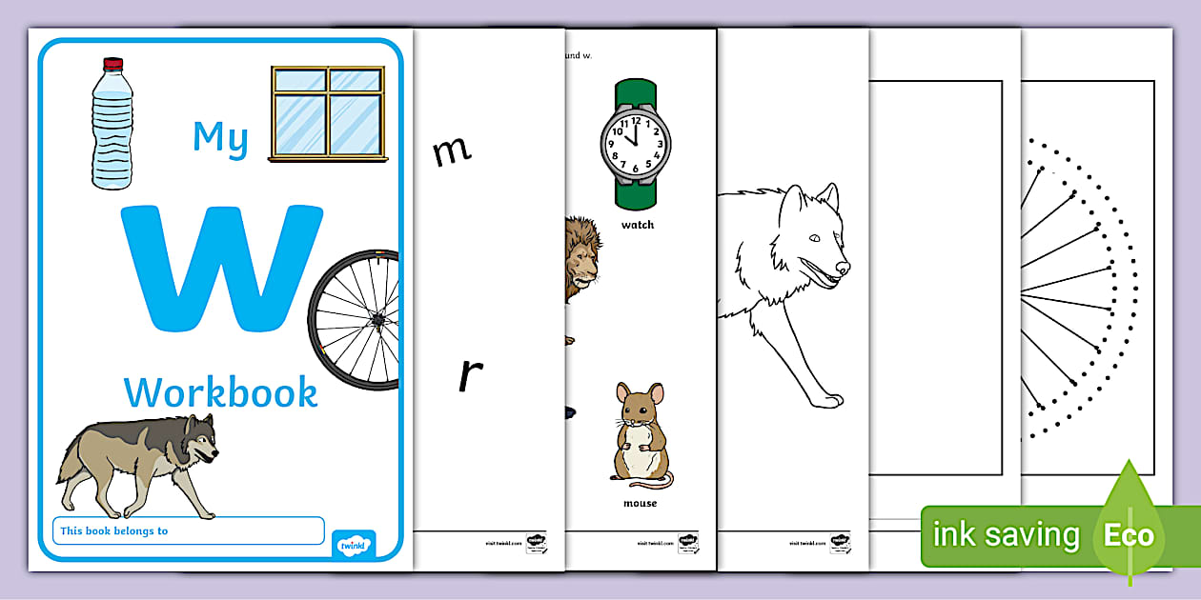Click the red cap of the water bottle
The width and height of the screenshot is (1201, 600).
pos(113,65)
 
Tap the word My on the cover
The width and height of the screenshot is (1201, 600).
pos(220,137)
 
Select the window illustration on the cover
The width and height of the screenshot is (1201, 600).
pos(327,111)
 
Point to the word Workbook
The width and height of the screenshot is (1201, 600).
pos(220,391)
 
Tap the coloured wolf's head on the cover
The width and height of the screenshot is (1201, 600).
pos(197,438)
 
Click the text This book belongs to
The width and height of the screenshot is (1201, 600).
pos(113,530)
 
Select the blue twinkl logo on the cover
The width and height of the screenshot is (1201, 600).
pos(353,545)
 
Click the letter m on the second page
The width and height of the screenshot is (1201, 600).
pos(451,150)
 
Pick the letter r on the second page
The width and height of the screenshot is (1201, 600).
pos(468,375)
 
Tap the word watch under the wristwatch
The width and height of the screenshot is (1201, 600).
pos(638,226)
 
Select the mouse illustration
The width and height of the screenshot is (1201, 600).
pos(639,433)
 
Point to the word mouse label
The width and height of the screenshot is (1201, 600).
pos(640,504)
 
